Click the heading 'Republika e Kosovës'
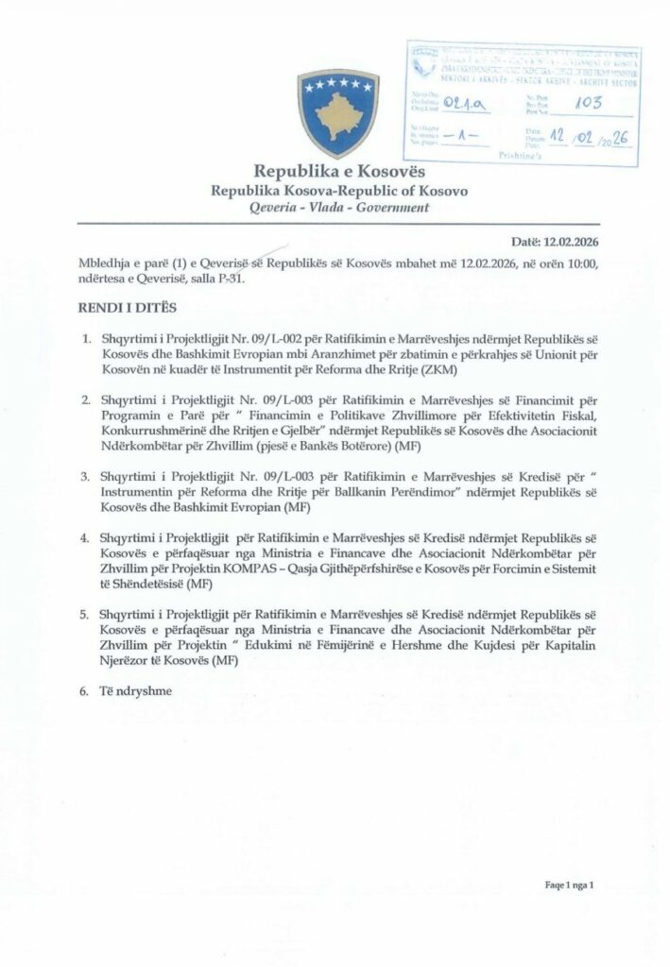tap(335, 173)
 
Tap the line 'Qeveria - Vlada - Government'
tap(335, 208)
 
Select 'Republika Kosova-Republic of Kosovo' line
tap(335, 191)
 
